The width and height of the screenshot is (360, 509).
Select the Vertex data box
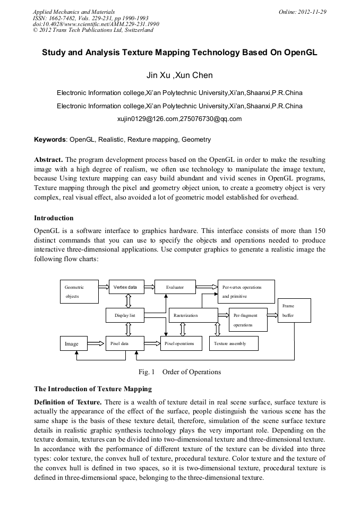pyautogui.click(x=126, y=287)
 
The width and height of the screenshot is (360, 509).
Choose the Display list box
pyautogui.click(x=125, y=315)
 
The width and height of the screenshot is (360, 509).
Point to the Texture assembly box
pyautogui.click(x=234, y=343)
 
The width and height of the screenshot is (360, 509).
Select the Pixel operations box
pyautogui.click(x=181, y=343)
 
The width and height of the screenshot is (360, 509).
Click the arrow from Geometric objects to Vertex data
pyautogui.click(x=103, y=287)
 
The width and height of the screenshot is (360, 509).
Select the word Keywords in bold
pyautogui.click(x=50, y=140)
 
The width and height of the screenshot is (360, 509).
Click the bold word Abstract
pyautogui.click(x=48, y=160)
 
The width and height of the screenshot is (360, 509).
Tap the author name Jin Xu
pyautogui.click(x=158, y=75)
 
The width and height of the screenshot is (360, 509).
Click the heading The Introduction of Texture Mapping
pyautogui.click(x=92, y=389)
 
